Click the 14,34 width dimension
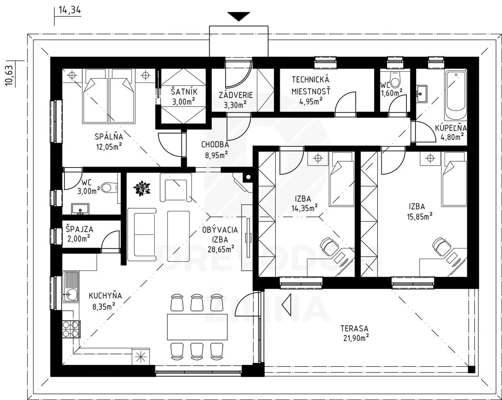point(69,10)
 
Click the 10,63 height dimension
point(9,75)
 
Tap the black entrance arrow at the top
point(239,16)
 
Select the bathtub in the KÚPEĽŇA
point(456,95)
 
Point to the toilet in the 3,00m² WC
point(110,187)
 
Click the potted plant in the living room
point(142,188)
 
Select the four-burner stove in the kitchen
point(71,329)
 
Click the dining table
point(197,327)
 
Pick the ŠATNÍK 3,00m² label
point(184,96)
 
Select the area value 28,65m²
point(221,249)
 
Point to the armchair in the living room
point(176,187)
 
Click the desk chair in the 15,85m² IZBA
point(441,248)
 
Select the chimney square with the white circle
point(248,177)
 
